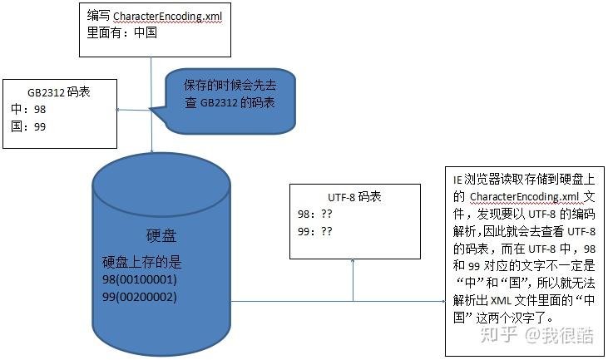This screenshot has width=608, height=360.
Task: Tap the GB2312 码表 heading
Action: click(57, 92)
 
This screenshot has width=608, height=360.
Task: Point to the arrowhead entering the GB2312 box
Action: click(118, 109)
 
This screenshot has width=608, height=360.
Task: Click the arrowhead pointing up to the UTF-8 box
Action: click(353, 260)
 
